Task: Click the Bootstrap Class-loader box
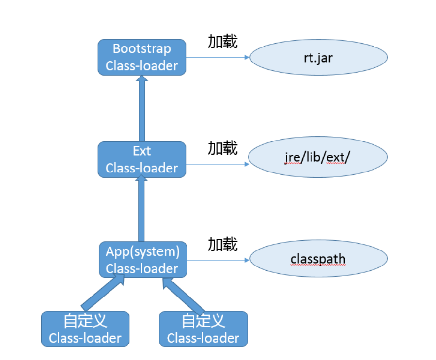pos(142,57)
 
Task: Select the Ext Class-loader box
pos(142,160)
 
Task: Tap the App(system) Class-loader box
pos(143,260)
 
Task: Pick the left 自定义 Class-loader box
pos(85,329)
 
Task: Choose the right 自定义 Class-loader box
pos(203,329)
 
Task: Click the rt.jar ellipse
pos(319,57)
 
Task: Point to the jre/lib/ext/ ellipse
pos(318,157)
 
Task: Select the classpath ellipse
pos(319,259)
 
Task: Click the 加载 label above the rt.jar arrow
pos(223,42)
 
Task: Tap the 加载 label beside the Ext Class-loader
pos(223,148)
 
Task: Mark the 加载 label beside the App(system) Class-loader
pos(223,245)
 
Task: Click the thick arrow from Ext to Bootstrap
pos(142,109)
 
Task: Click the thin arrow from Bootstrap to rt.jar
pos(218,57)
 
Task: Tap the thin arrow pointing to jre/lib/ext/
pos(218,164)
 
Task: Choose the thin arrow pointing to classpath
pos(218,260)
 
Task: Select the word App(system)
pos(142,252)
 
